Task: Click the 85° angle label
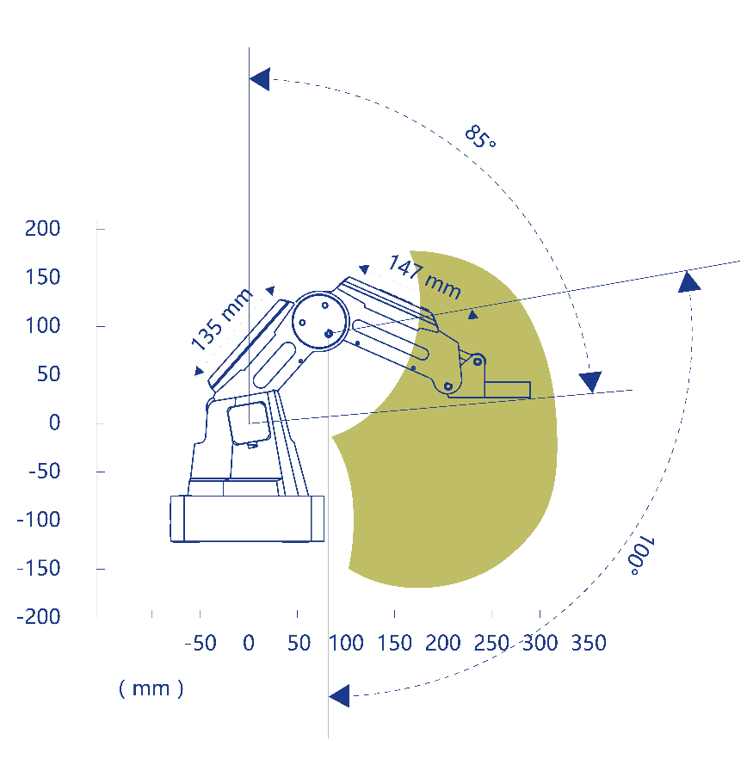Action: tap(480, 137)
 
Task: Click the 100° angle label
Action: tap(641, 555)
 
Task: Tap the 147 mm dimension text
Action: tap(424, 276)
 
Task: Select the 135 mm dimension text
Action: tap(222, 319)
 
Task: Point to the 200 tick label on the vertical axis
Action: tap(42, 228)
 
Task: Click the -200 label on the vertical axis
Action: tap(38, 617)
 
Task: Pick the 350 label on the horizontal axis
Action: tap(589, 643)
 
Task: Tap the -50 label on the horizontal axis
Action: tap(201, 643)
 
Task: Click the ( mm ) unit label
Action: tap(151, 688)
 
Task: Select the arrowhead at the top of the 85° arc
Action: tap(260, 79)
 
